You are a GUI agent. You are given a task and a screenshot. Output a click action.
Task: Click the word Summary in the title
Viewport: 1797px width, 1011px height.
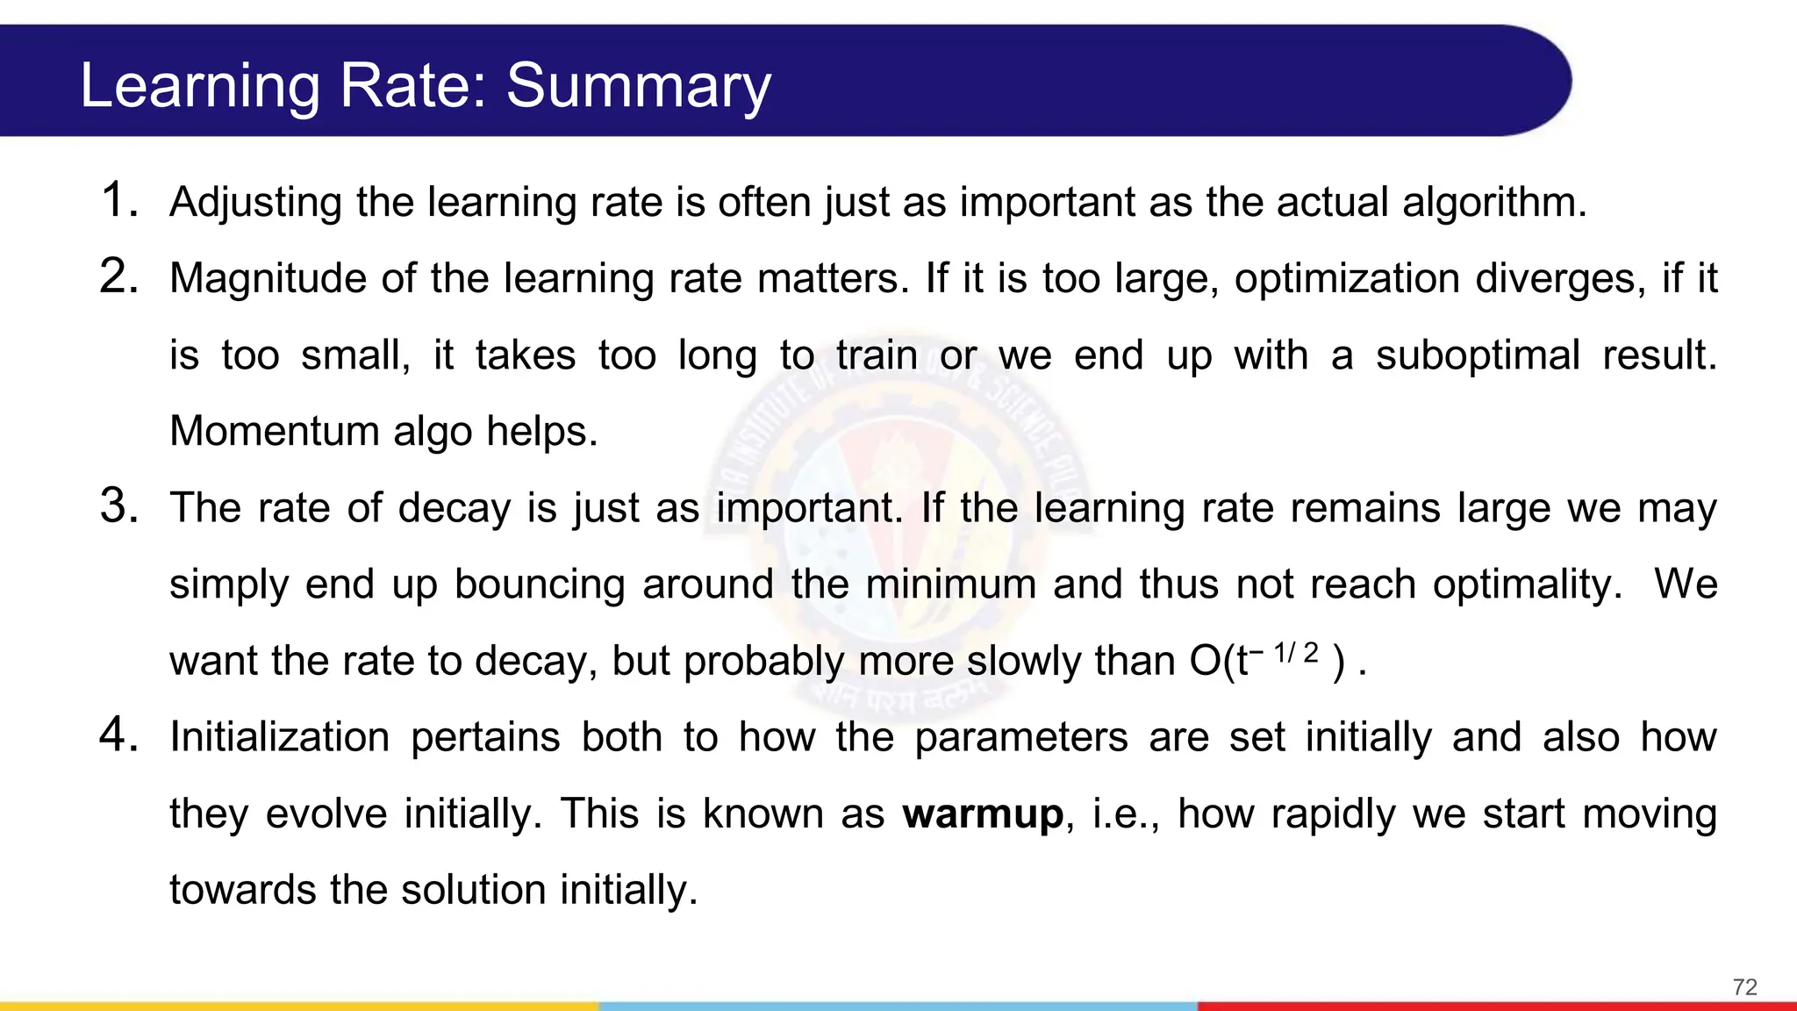pyautogui.click(x=638, y=86)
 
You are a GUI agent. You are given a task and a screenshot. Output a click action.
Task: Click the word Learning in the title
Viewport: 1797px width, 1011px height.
pyautogui.click(x=200, y=86)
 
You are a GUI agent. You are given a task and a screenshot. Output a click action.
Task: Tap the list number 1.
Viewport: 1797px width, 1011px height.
pyautogui.click(x=119, y=200)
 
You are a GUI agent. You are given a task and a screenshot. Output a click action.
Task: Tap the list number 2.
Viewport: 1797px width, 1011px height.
pyautogui.click(x=119, y=276)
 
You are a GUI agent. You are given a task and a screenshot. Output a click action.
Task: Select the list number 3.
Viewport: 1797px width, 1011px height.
pyautogui.click(x=119, y=506)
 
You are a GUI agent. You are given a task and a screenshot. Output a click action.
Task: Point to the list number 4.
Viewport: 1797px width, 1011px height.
pyautogui.click(x=119, y=735)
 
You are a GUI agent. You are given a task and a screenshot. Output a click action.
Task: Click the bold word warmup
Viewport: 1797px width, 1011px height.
pyautogui.click(x=983, y=814)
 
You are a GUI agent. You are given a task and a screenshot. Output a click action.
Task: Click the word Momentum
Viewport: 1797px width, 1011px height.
pyautogui.click(x=274, y=431)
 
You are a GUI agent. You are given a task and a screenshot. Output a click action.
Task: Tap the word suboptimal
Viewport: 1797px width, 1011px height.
pyautogui.click(x=1477, y=355)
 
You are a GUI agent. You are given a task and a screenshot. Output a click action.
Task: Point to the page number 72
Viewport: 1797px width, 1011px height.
pyautogui.click(x=1744, y=987)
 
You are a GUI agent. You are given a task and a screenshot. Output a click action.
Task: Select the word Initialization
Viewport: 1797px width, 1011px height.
pyautogui.click(x=279, y=736)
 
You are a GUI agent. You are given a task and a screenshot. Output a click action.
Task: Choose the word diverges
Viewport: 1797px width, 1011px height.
pyautogui.click(x=1555, y=278)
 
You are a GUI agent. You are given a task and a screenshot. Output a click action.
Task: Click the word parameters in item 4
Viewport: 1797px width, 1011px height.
pyautogui.click(x=1020, y=736)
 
